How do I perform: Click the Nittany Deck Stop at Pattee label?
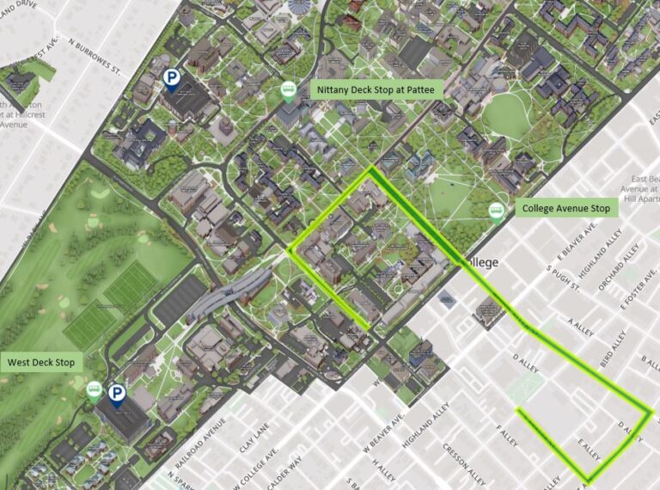[x=377, y=89]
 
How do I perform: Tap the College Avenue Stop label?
[x=565, y=209]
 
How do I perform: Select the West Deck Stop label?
[x=40, y=363]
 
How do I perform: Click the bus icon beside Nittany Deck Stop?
[x=290, y=92]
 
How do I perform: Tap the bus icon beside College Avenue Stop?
[x=496, y=211]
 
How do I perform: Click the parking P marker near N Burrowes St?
[x=172, y=80]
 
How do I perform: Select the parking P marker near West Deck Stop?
[x=117, y=395]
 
